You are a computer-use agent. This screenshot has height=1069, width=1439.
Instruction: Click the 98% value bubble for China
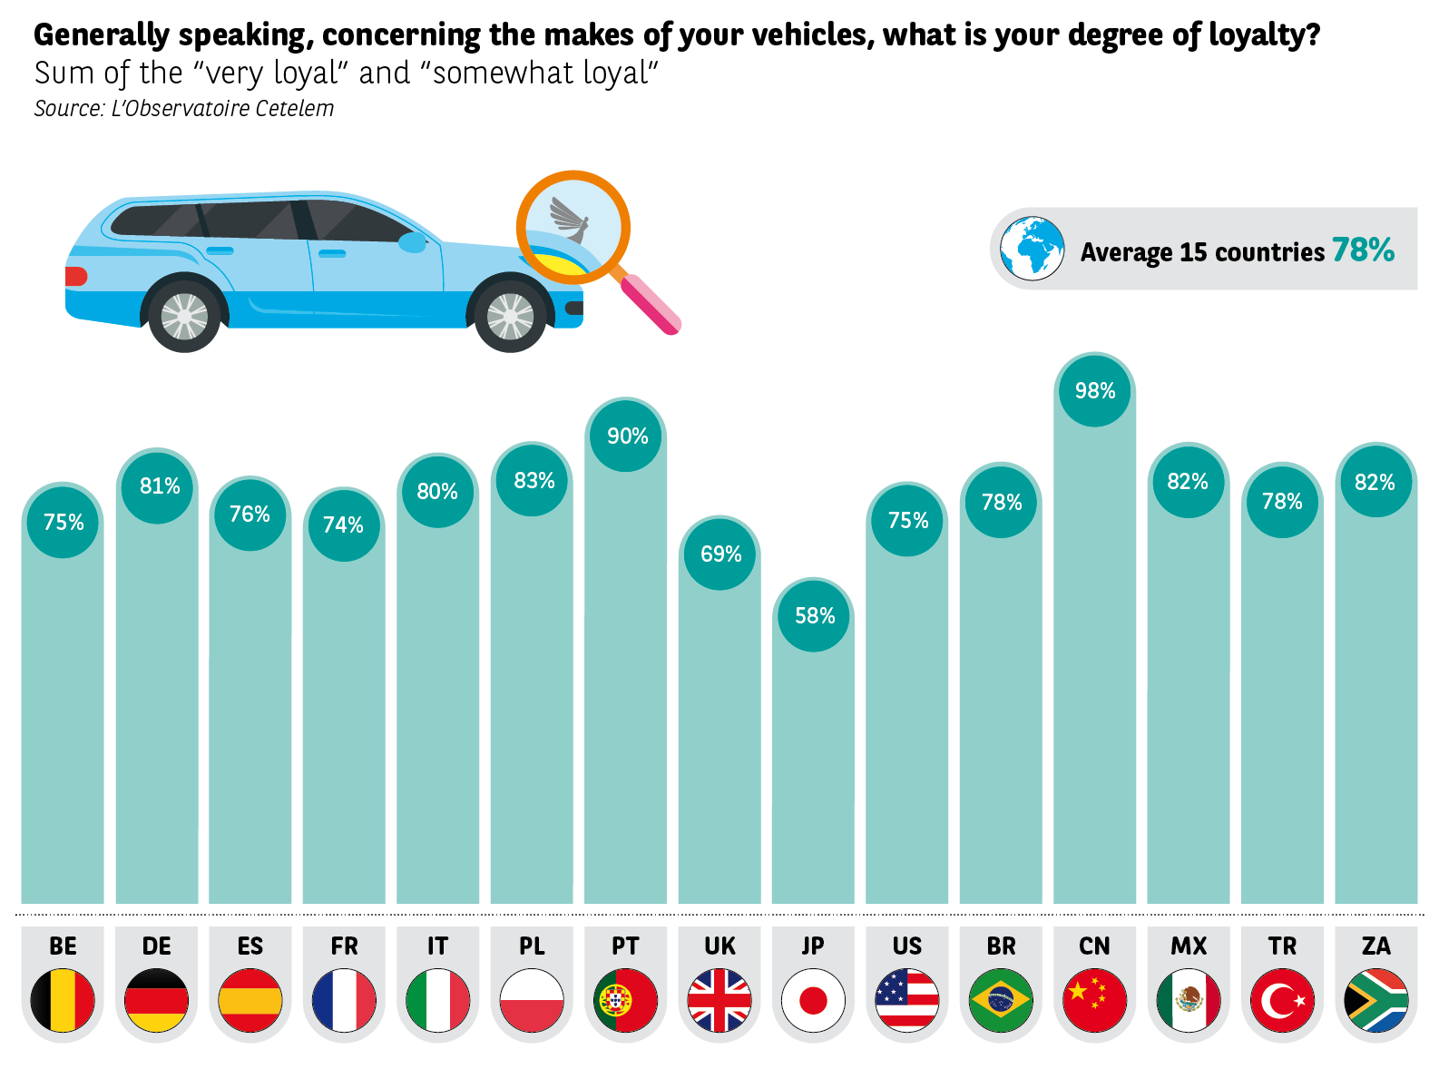pos(1094,390)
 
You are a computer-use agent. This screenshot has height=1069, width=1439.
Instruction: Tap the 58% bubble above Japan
pos(814,615)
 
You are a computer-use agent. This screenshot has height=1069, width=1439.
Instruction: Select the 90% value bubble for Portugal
pos(627,436)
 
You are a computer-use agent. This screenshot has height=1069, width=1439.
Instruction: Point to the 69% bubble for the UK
pos(720,554)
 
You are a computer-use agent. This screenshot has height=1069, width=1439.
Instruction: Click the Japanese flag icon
pos(813,1000)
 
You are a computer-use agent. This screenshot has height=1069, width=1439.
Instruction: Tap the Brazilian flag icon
pos(1001,1000)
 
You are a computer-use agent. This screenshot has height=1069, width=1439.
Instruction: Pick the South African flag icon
pos(1375,1000)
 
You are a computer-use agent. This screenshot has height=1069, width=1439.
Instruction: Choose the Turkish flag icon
pos(1282,1000)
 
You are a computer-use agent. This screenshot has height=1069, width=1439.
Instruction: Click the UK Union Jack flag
pos(719,1000)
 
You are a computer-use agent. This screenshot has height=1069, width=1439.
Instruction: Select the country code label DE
pos(157,946)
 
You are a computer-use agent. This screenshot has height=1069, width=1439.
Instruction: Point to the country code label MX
pos(1189,946)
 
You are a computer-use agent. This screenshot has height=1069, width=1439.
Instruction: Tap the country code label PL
pos(532,946)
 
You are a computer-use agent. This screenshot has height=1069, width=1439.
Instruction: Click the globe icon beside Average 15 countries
pos(1032,249)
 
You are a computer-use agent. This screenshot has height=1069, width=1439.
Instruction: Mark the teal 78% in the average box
pos(1363,250)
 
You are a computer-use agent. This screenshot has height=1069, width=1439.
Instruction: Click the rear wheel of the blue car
pos(184,317)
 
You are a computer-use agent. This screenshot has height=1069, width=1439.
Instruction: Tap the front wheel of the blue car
pos(511,317)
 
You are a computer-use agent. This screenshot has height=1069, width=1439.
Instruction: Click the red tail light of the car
pos(76,276)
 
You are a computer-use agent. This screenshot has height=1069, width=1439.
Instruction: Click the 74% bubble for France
pos(343,525)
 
